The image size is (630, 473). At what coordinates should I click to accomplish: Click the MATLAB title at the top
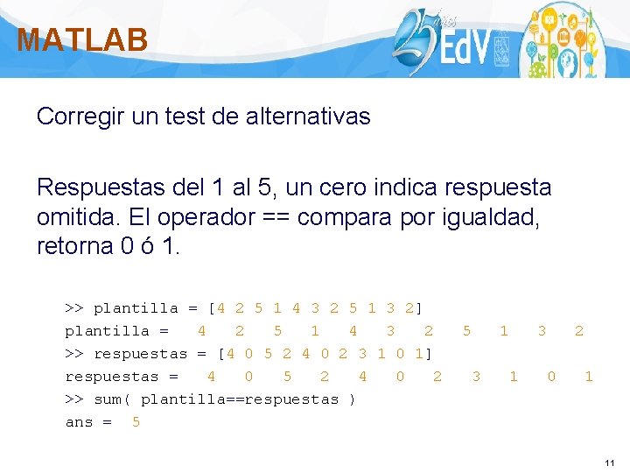pos(82,40)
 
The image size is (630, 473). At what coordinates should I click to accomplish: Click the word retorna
pos(73,247)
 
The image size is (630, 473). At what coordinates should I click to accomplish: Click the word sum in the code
pos(108,399)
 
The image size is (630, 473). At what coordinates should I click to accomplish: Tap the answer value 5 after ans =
pos(136,422)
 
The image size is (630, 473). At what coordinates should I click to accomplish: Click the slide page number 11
pos(610,462)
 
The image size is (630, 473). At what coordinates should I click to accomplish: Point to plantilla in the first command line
pos(136,308)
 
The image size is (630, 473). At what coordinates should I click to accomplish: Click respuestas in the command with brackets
pos(140,354)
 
